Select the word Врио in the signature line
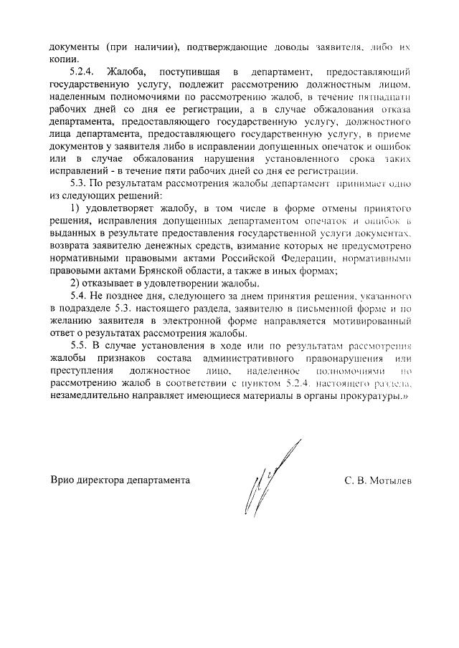[63, 480]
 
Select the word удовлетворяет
[117, 207]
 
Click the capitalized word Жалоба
[126, 73]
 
